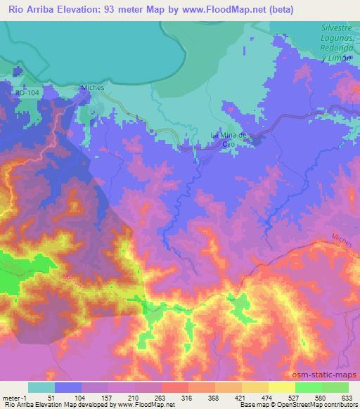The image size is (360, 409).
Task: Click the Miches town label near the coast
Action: click(92, 87)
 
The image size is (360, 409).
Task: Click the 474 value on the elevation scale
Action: click(268, 397)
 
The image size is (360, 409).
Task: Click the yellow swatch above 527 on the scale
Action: click(281, 387)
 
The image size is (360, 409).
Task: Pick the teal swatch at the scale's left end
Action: click(41, 387)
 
